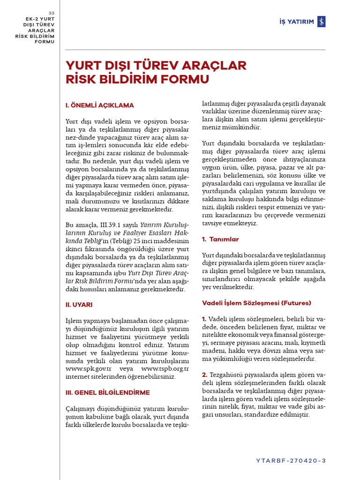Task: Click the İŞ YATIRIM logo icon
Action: pos(321,22)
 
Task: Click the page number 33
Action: pos(52,13)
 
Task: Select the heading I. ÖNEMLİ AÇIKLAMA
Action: pos(99,105)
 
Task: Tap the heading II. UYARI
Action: pos(79,305)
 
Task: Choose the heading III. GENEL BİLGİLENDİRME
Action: pos(107,392)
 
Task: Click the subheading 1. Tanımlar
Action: pos(220,239)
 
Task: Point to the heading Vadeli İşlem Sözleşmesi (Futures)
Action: pos(256,303)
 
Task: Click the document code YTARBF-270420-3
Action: pos(291,460)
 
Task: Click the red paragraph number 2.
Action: pos(205,375)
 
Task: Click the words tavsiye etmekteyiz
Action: pos(230,223)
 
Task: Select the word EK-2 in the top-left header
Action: pos(33,18)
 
